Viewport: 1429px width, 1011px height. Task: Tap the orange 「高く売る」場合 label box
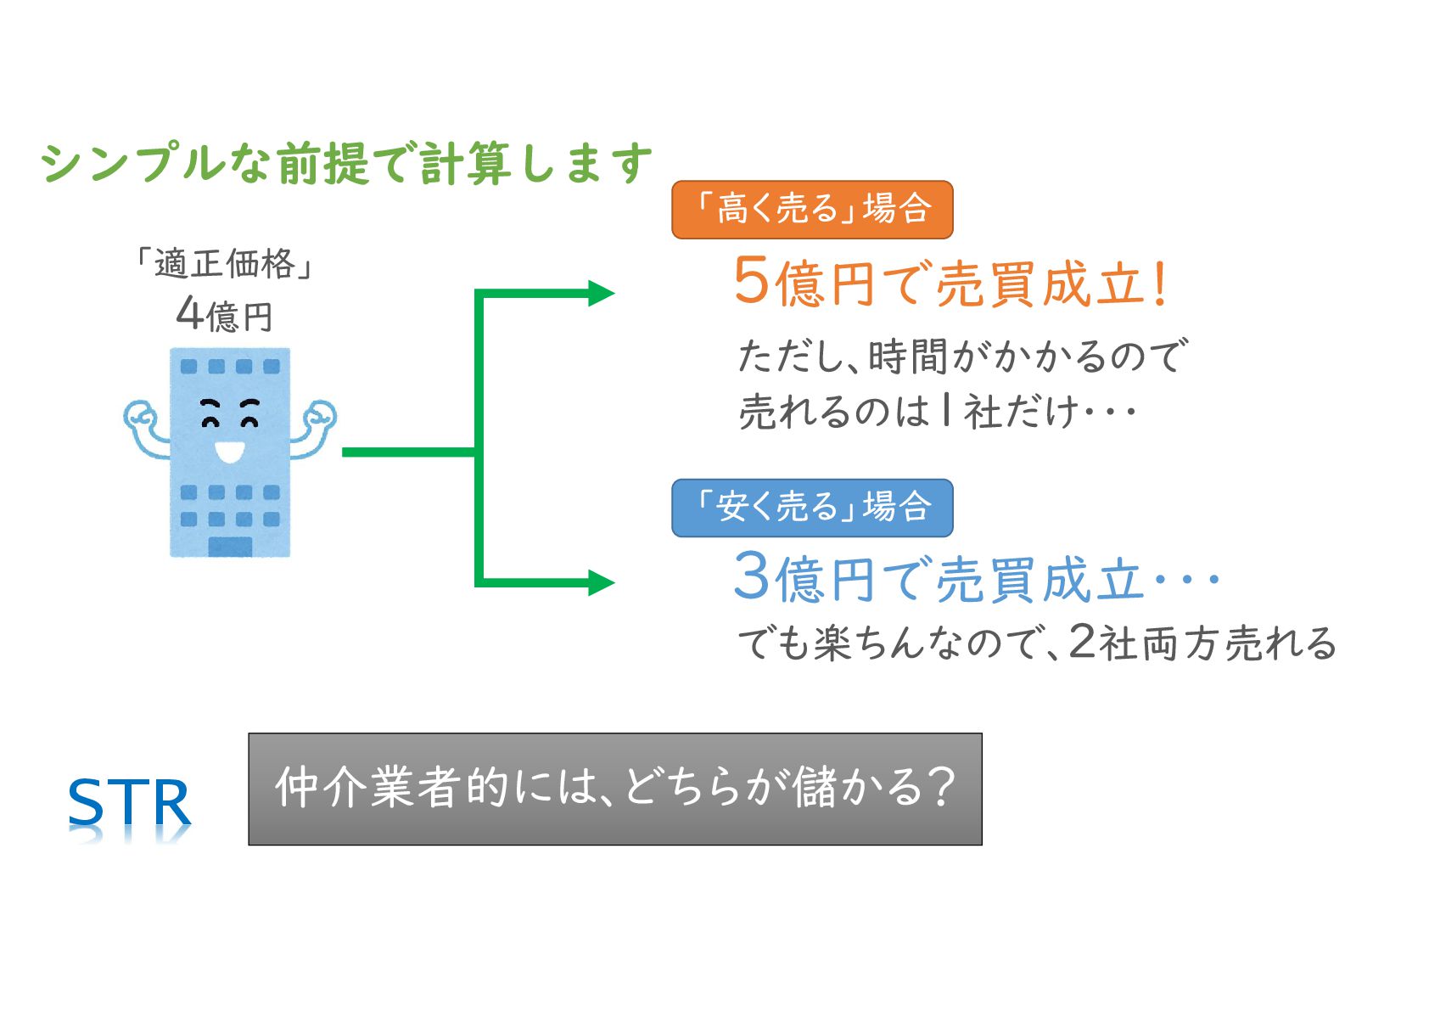[812, 209]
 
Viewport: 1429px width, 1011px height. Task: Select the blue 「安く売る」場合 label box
[812, 508]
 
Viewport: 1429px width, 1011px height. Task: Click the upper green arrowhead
[601, 293]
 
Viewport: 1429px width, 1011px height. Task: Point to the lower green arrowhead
[601, 582]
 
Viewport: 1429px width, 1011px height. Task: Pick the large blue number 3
[751, 577]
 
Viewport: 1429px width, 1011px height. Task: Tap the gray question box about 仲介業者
[614, 789]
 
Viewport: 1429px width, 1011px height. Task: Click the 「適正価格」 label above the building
[225, 264]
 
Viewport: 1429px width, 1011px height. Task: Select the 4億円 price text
[225, 315]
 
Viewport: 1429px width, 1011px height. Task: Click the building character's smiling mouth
[229, 451]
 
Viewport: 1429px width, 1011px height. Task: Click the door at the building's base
[230, 546]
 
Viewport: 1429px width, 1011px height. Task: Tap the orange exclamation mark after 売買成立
[1160, 284]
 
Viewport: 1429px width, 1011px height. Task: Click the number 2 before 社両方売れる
[1082, 642]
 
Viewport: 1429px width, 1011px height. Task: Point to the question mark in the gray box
[940, 787]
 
